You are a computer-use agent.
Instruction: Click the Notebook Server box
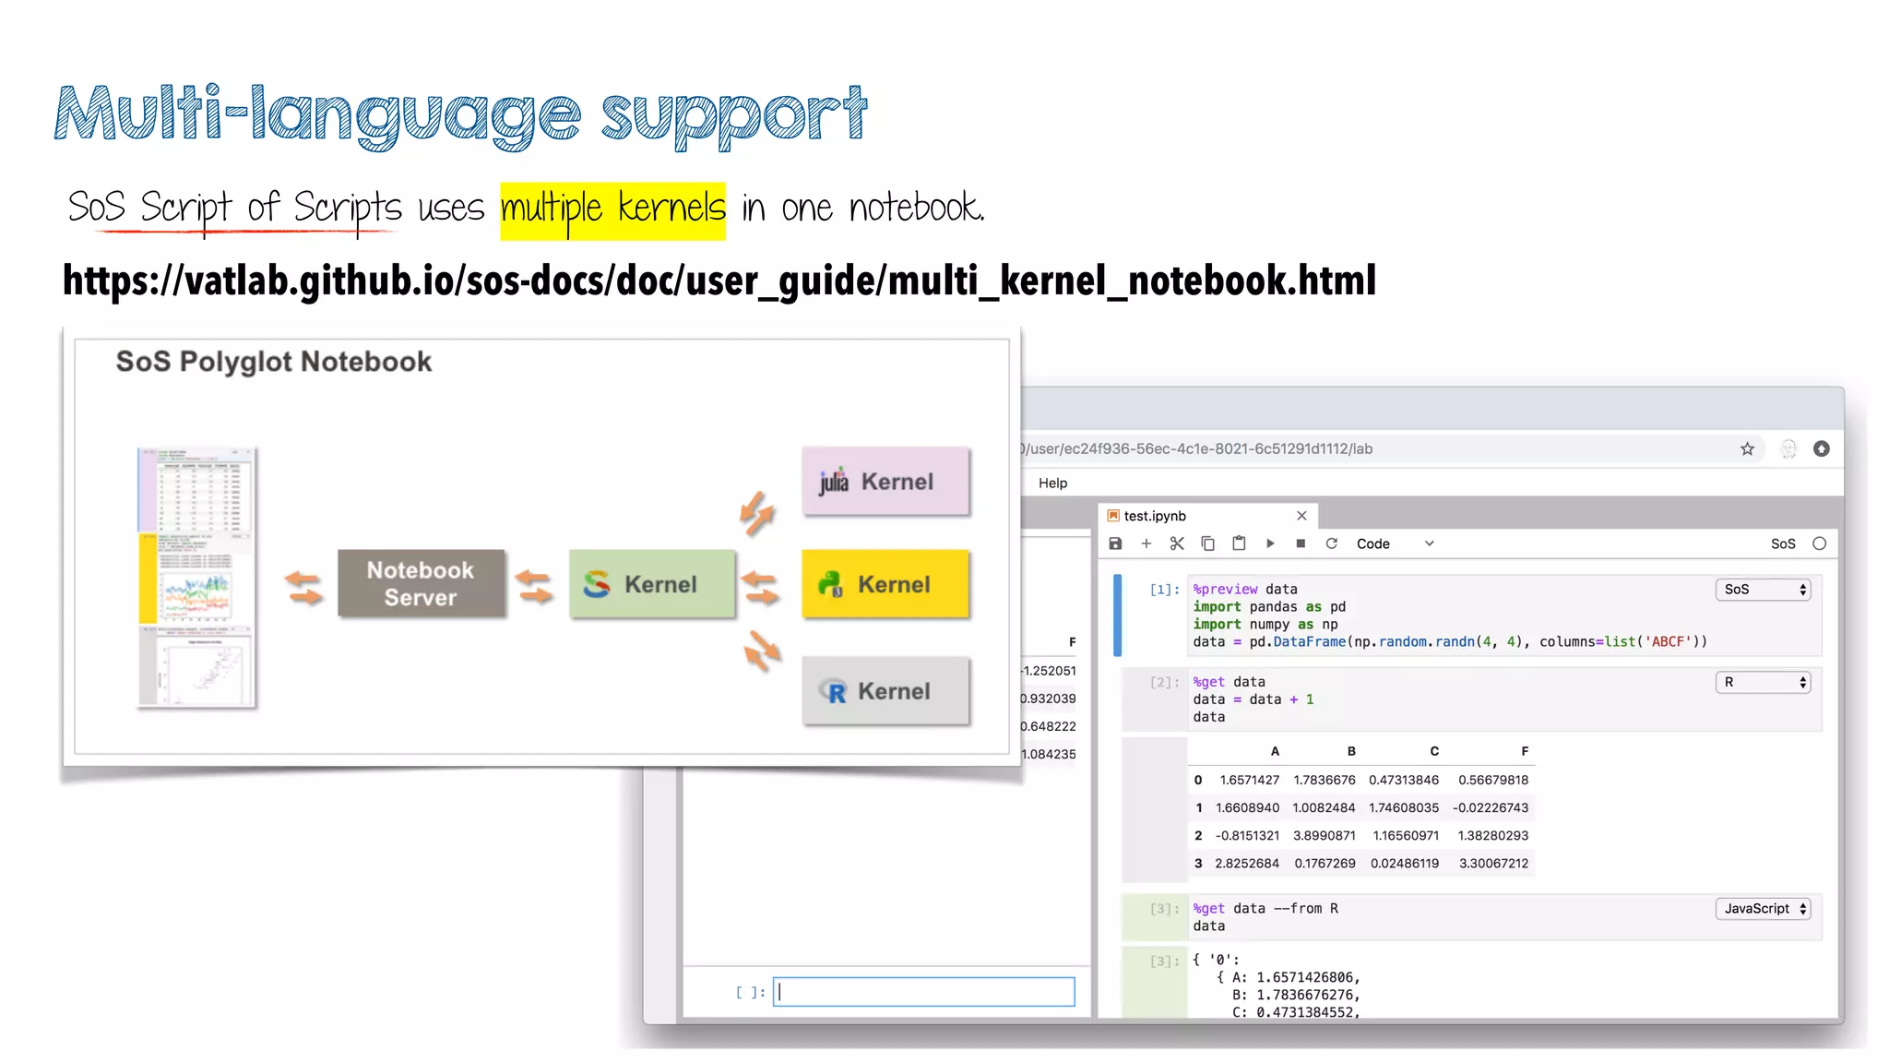click(x=421, y=583)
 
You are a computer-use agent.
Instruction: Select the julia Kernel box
click(x=885, y=481)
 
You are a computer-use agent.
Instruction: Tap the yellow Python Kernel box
click(x=885, y=583)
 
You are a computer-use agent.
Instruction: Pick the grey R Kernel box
click(x=885, y=691)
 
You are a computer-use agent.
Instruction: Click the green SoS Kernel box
click(x=651, y=583)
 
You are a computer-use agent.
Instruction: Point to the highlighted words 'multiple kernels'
click(x=612, y=209)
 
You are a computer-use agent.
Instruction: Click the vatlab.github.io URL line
click(x=719, y=281)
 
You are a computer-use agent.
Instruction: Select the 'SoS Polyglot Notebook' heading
click(x=273, y=362)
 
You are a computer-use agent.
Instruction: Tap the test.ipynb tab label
click(x=1154, y=516)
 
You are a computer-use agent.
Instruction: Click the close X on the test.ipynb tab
click(x=1301, y=516)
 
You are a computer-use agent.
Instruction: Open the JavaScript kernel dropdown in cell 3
click(x=1763, y=909)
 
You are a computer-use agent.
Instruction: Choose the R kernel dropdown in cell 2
click(x=1763, y=682)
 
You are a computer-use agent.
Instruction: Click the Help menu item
click(x=1052, y=483)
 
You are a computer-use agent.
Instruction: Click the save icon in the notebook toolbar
click(x=1115, y=543)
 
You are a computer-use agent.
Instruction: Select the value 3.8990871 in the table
click(x=1324, y=835)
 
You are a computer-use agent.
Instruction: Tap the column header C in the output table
click(x=1434, y=751)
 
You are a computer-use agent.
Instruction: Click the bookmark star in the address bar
click(x=1747, y=448)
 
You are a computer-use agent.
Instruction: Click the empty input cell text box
click(x=923, y=992)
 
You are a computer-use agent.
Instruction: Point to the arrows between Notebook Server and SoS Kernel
click(x=533, y=586)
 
